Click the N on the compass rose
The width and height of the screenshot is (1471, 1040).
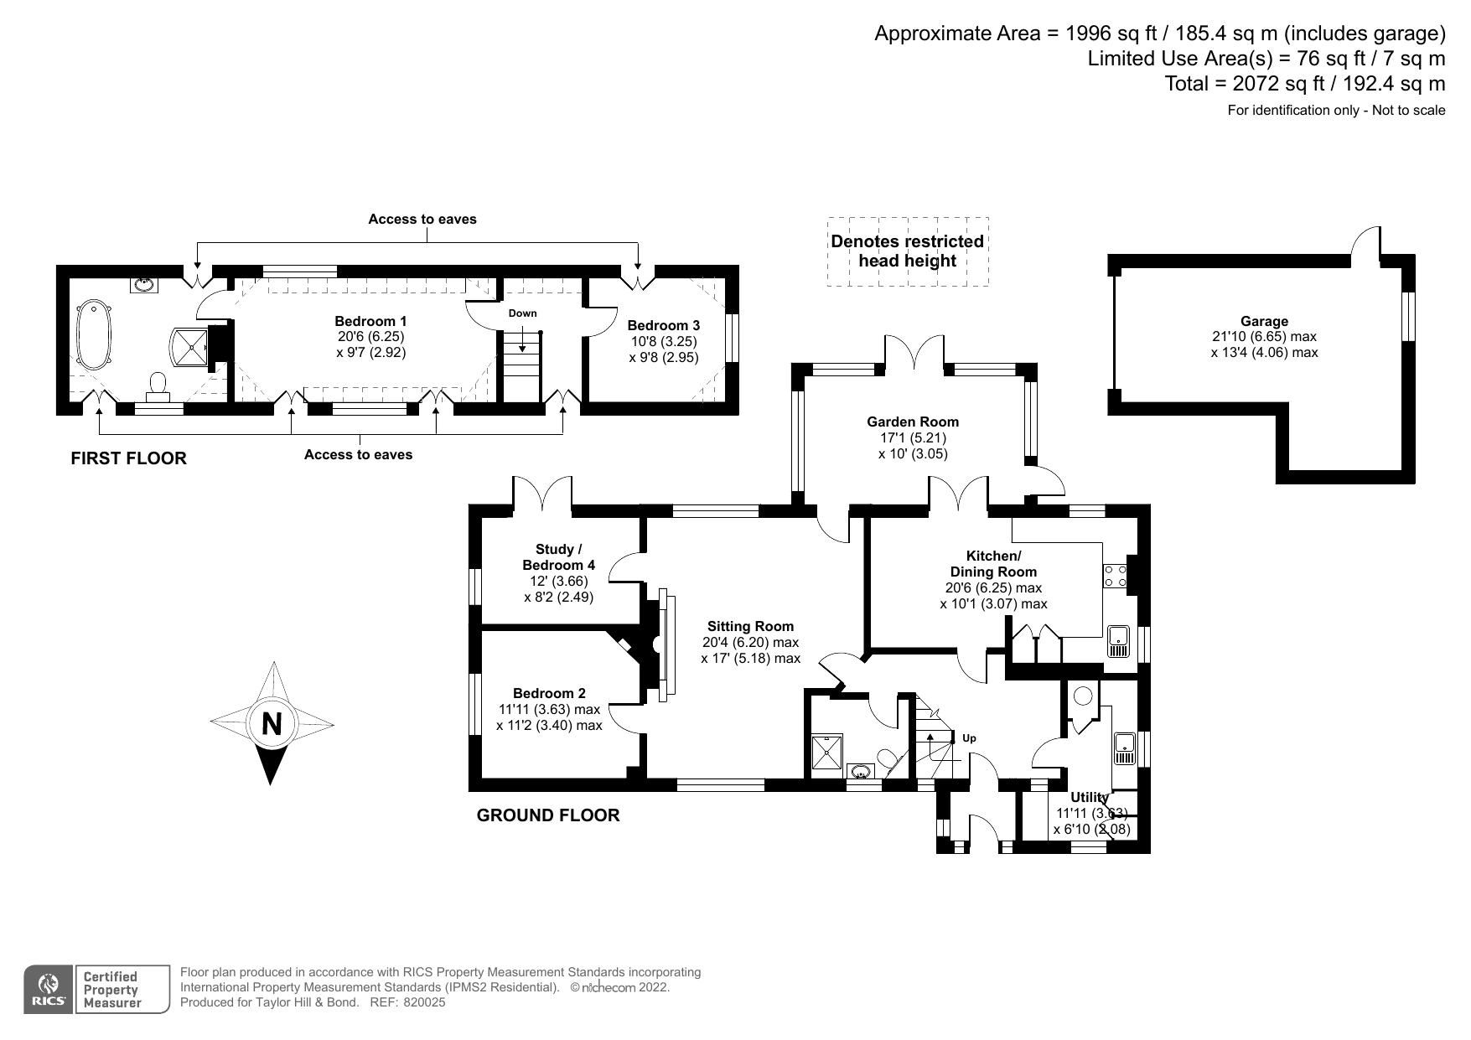[272, 722]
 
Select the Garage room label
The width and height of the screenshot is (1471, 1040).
[1264, 321]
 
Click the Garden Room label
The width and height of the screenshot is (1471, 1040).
[913, 422]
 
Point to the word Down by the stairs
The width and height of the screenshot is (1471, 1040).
[522, 313]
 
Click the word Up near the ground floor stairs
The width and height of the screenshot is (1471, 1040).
[969, 738]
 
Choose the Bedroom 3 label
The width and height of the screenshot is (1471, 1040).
[663, 325]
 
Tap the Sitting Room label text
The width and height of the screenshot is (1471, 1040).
[750, 626]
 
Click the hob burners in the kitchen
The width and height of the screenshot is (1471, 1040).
[1115, 576]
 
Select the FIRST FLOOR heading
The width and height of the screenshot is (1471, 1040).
[128, 458]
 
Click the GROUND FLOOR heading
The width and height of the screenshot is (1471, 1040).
[548, 815]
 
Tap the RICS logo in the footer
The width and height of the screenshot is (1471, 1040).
[49, 990]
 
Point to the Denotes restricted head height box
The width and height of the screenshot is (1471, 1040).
[907, 251]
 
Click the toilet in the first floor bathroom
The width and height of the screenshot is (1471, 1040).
[157, 385]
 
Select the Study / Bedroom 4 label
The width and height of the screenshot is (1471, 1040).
[558, 557]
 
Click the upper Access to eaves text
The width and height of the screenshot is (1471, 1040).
[422, 220]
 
